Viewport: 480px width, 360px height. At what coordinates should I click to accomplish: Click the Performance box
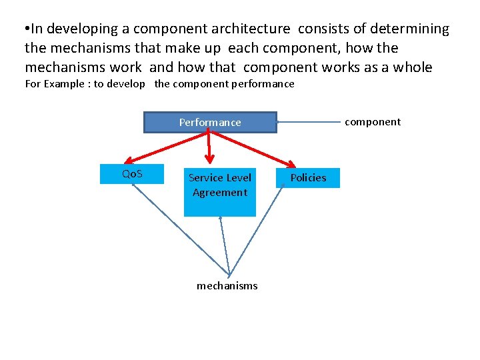click(x=210, y=123)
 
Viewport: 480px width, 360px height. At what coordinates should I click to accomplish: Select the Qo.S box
click(x=132, y=174)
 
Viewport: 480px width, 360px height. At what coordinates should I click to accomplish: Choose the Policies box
click(x=308, y=177)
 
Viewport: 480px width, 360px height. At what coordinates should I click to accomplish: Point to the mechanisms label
click(x=227, y=286)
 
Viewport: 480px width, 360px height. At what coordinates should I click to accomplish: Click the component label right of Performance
click(x=373, y=122)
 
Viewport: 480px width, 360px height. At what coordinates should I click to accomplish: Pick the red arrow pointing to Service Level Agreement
click(x=209, y=147)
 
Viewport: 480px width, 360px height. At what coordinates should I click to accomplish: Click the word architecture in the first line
click(x=251, y=29)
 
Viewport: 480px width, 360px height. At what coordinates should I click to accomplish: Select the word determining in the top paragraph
click(x=409, y=29)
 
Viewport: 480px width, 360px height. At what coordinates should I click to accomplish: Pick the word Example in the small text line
click(x=65, y=84)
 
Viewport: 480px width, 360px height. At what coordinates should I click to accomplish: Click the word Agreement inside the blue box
click(x=219, y=193)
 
